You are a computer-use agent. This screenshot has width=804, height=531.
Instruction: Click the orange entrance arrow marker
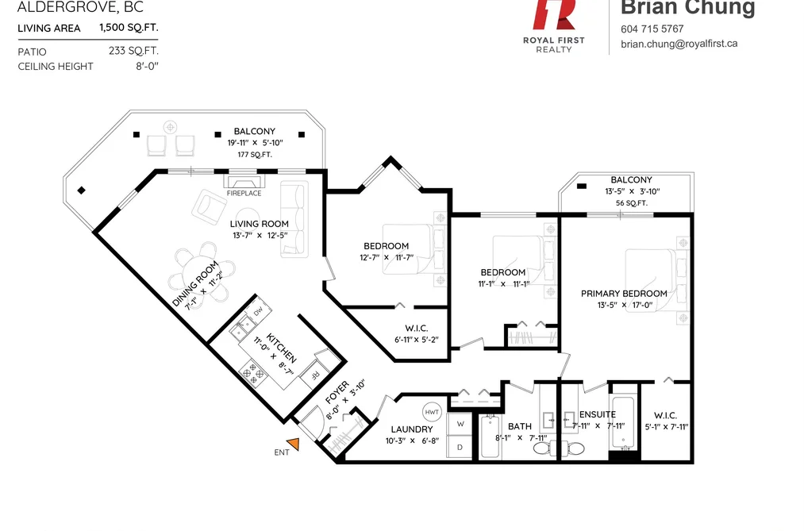point(294,444)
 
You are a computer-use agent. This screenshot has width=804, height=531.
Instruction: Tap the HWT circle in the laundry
point(432,412)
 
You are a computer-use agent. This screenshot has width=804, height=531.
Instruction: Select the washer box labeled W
point(460,424)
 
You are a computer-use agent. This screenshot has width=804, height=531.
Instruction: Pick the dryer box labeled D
point(460,447)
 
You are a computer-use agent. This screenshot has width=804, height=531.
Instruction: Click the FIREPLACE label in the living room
point(244,193)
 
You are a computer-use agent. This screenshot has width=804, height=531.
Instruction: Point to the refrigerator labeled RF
point(314,375)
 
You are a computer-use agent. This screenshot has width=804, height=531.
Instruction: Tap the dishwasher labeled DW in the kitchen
point(258,310)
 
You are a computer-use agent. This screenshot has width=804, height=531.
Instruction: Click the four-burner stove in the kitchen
point(253,373)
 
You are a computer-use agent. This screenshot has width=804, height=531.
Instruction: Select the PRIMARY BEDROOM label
point(624,294)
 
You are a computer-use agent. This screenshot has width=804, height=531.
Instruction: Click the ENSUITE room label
point(598,414)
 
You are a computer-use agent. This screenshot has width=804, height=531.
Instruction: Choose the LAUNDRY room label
point(412,429)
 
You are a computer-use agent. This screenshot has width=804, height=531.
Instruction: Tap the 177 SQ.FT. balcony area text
point(255,154)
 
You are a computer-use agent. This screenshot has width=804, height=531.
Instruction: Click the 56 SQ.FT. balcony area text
point(632,203)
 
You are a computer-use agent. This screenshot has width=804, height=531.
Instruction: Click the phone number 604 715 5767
point(652,29)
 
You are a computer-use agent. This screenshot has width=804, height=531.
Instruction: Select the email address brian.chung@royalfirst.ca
point(679,44)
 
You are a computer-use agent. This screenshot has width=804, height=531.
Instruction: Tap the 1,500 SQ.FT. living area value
point(129,28)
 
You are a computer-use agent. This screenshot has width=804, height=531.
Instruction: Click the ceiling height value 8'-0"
point(147,66)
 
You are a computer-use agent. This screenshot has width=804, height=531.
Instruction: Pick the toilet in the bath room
point(543,448)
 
